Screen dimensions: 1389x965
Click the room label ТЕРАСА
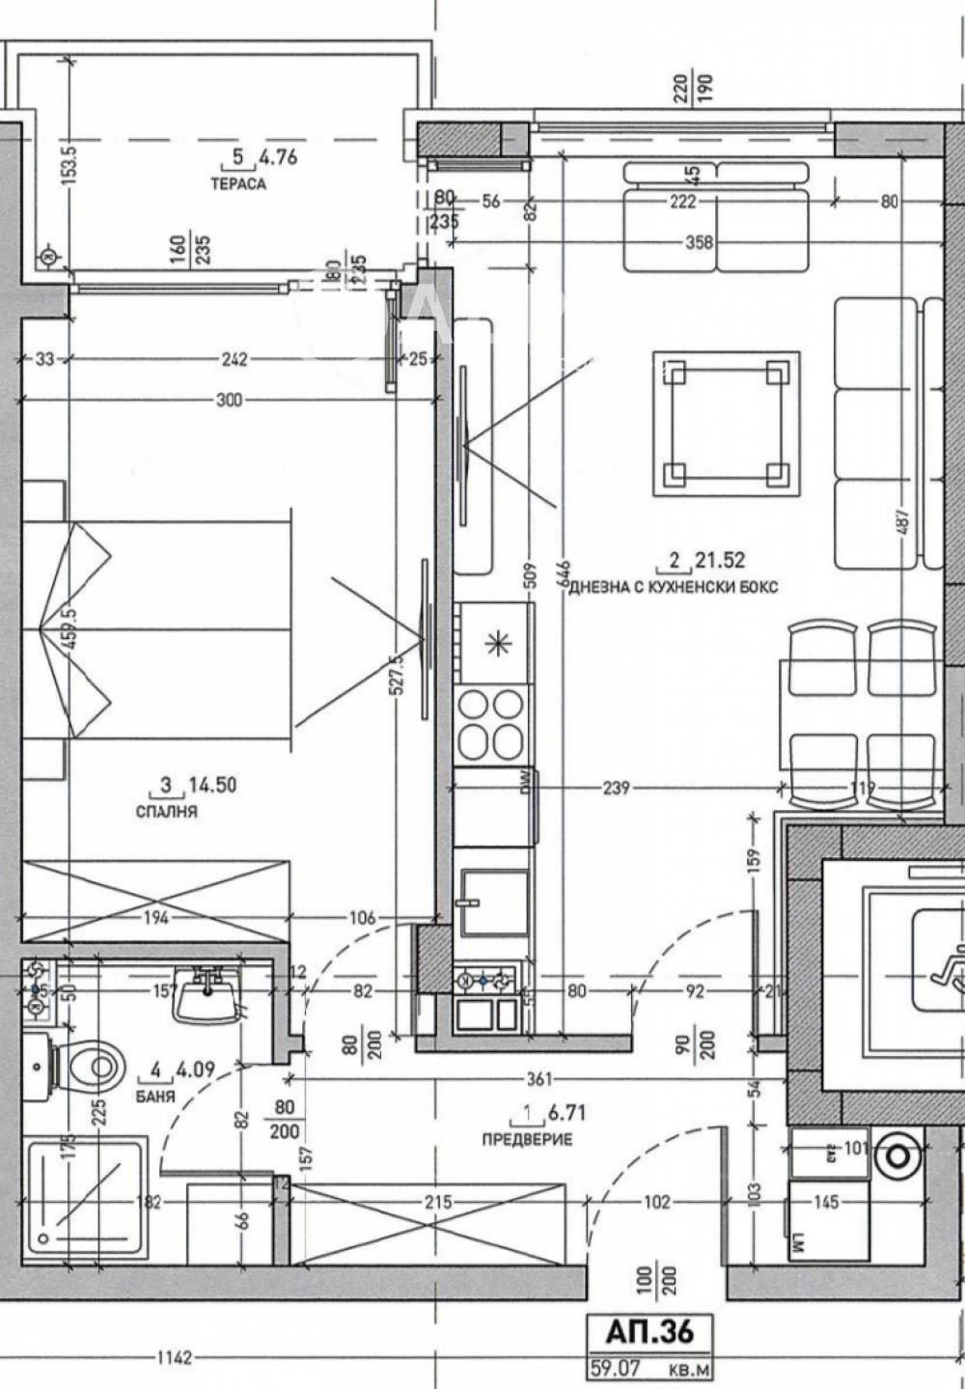pos(238,183)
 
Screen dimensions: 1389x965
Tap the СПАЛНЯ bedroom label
pos(166,812)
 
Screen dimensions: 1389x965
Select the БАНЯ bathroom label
pos(156,1097)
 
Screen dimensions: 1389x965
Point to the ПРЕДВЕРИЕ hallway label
pos(527,1140)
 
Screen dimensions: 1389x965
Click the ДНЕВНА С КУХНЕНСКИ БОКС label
pos(674,587)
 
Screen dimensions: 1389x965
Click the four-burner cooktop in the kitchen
pos(492,724)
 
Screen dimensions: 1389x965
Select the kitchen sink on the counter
pos(493,903)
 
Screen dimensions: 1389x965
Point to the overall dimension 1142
pos(174,1358)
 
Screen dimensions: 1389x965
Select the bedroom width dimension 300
pos(229,400)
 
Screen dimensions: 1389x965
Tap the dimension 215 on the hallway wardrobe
pos(438,1203)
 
